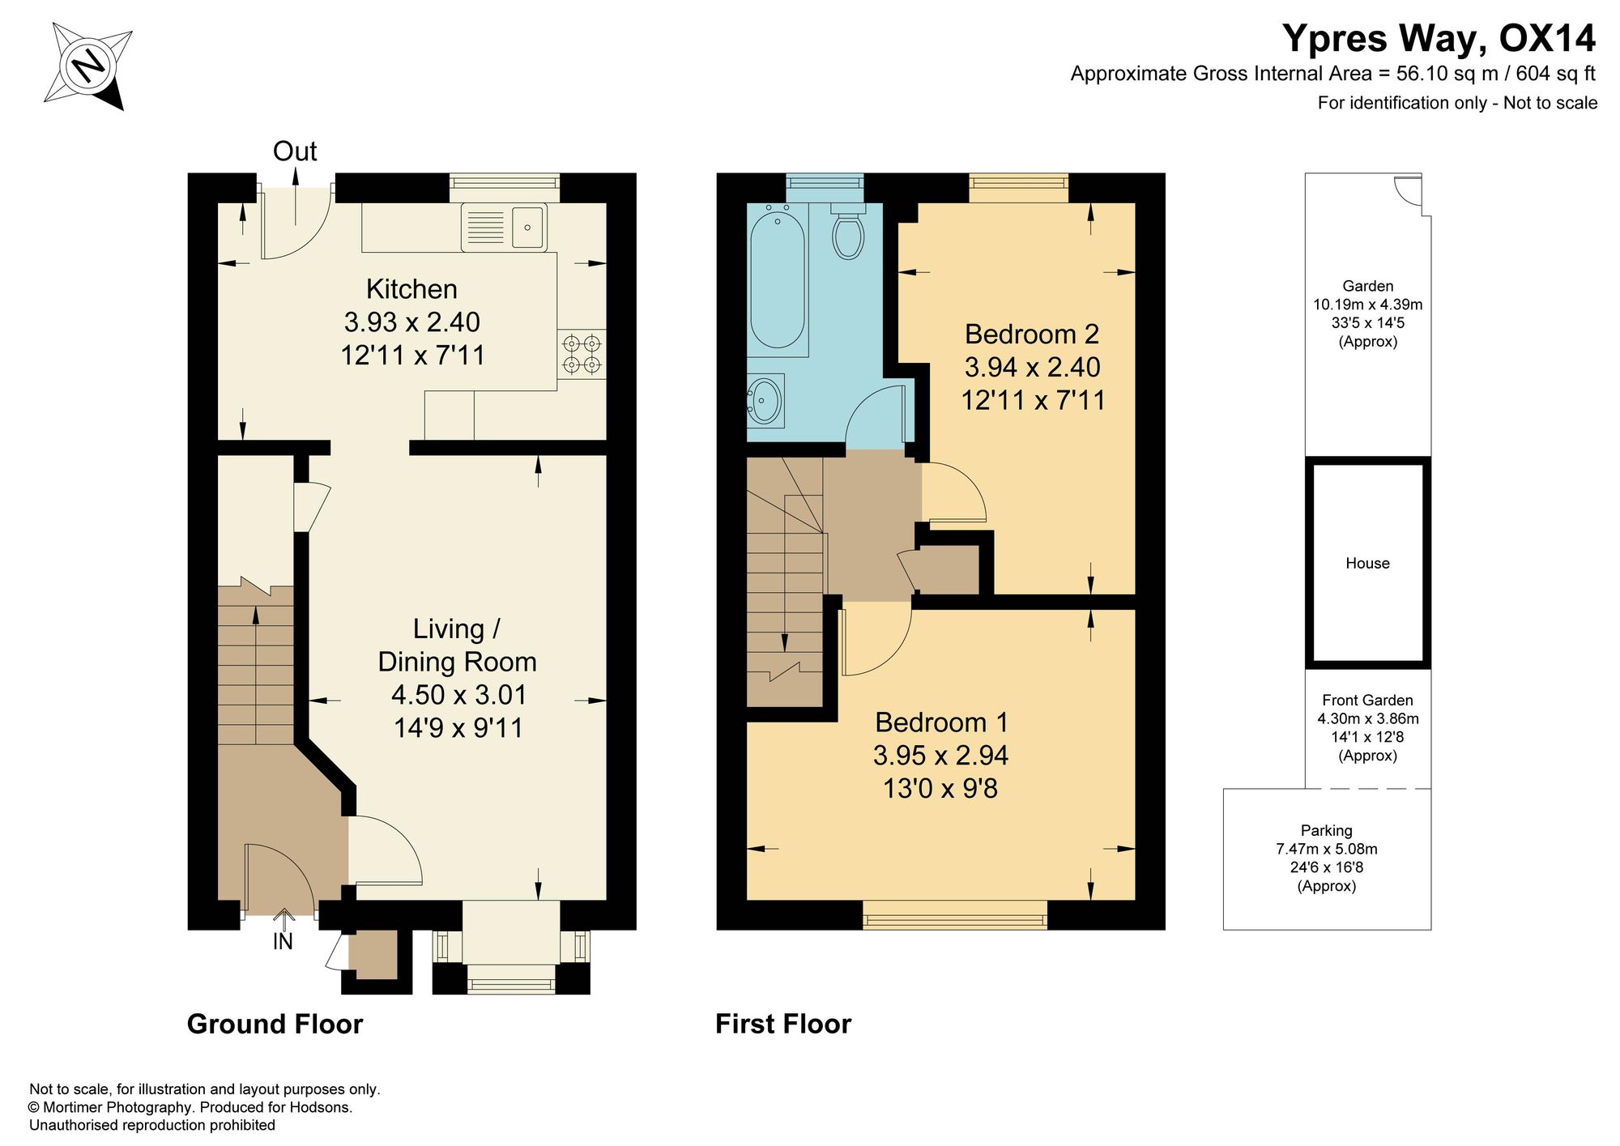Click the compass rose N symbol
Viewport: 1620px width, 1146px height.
point(88,65)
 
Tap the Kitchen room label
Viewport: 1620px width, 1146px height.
point(411,289)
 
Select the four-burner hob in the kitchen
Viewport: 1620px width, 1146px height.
point(582,354)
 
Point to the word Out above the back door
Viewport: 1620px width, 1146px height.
point(295,151)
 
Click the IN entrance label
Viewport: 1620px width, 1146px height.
point(283,941)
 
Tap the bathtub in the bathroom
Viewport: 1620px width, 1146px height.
point(778,275)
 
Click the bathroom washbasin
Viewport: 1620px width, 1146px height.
point(765,399)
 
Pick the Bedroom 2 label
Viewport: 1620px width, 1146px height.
point(1032,334)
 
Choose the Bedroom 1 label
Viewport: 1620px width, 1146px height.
point(941,722)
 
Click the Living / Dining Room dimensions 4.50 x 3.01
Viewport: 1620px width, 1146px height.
point(458,695)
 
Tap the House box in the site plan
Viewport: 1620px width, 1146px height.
point(1367,563)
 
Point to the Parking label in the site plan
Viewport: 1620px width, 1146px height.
point(1327,830)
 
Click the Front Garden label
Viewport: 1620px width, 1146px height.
point(1367,700)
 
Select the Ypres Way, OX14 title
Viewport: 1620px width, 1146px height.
point(1439,38)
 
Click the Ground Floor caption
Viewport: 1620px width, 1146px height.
point(275,1024)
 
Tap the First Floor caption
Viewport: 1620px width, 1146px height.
point(783,1024)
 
